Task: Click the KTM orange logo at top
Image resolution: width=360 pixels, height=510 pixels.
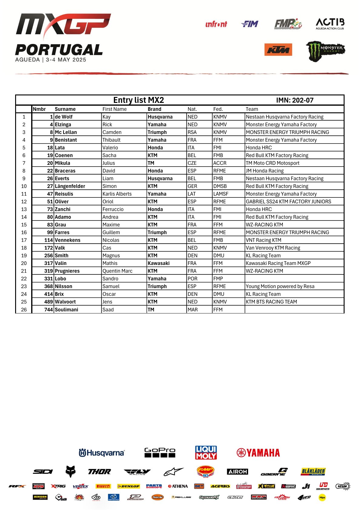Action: click(x=278, y=50)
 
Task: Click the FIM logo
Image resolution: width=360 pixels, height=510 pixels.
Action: click(x=250, y=24)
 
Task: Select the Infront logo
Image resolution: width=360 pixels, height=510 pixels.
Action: click(x=216, y=24)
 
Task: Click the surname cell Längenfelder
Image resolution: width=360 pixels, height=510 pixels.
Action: click(x=70, y=186)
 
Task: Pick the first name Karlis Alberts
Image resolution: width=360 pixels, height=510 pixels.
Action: click(x=117, y=194)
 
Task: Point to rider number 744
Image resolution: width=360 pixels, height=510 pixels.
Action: click(x=48, y=310)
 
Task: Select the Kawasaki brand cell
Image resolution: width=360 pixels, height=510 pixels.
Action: click(x=159, y=263)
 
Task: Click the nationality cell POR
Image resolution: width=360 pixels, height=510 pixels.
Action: click(x=192, y=279)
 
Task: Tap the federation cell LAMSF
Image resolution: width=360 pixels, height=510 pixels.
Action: click(x=221, y=194)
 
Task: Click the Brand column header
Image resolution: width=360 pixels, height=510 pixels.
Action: click(x=154, y=109)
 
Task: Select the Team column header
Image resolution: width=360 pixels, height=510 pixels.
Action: click(x=252, y=109)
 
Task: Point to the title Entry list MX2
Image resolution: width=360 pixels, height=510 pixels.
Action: click(x=138, y=100)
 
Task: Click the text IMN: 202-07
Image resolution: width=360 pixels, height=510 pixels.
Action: click(x=295, y=100)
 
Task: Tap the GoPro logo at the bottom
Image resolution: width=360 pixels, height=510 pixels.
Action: click(x=160, y=452)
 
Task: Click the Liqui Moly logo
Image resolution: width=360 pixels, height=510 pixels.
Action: click(x=206, y=452)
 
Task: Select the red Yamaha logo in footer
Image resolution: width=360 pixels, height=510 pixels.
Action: click(x=258, y=453)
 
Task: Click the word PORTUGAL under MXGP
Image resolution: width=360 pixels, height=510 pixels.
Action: click(x=59, y=50)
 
